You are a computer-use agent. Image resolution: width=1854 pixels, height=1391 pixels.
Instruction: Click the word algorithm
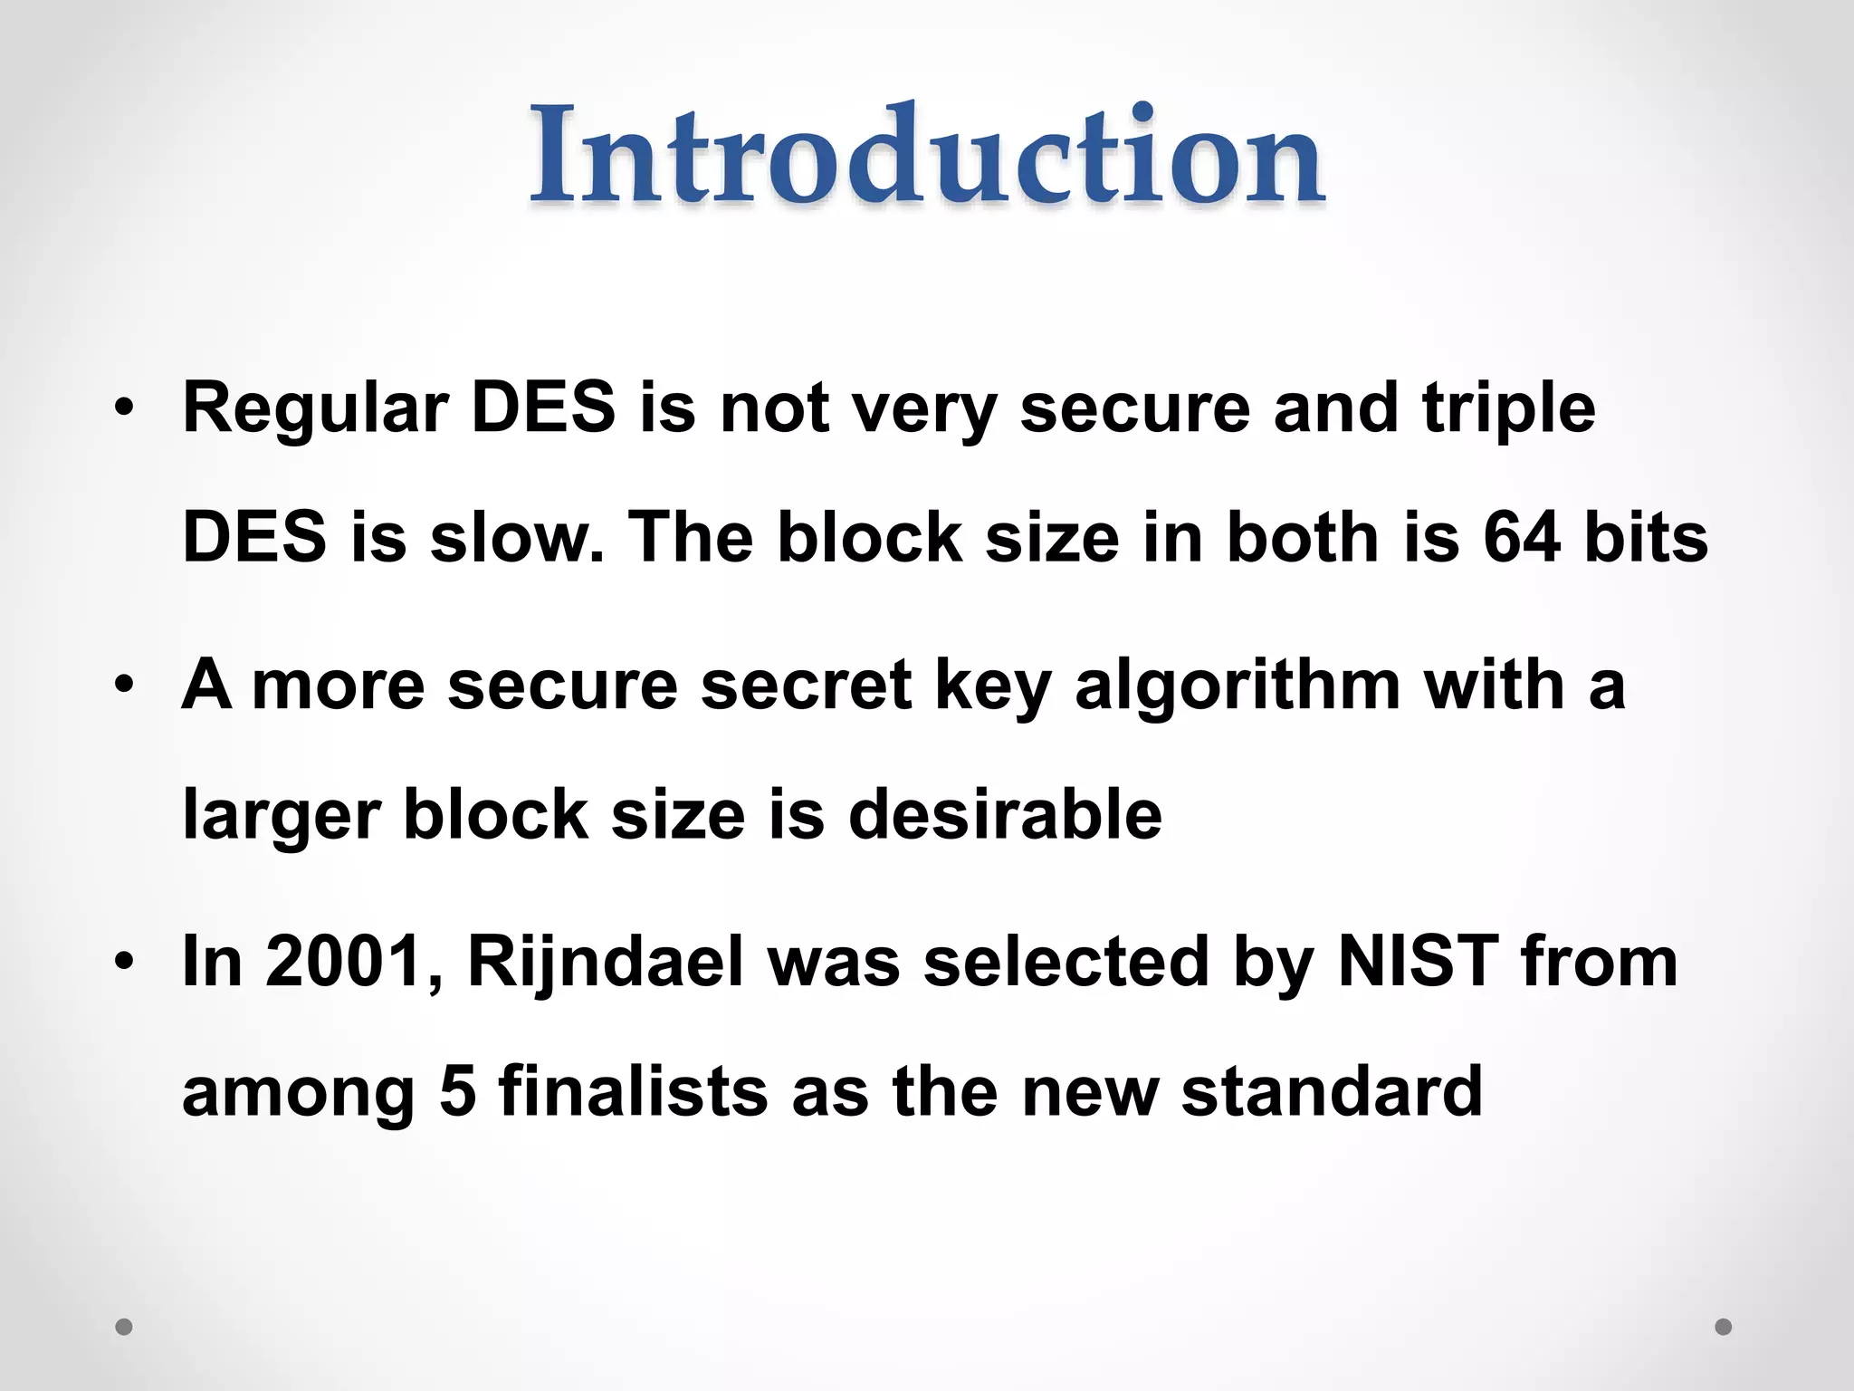[x=1238, y=686]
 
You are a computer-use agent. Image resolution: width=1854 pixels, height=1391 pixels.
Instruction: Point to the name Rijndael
[x=605, y=962]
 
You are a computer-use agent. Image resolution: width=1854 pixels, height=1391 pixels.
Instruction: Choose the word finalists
[x=633, y=1091]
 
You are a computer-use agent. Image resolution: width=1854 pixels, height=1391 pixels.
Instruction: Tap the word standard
[x=1332, y=1091]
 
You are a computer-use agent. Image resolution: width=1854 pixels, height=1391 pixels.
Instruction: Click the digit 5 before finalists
[x=458, y=1091]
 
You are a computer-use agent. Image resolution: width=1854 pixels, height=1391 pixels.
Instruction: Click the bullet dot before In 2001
[x=124, y=963]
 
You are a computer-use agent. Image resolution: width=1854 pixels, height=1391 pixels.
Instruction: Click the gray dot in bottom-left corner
[x=124, y=1327]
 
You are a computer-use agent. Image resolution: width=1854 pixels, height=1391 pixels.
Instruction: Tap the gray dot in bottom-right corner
[x=1724, y=1327]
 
